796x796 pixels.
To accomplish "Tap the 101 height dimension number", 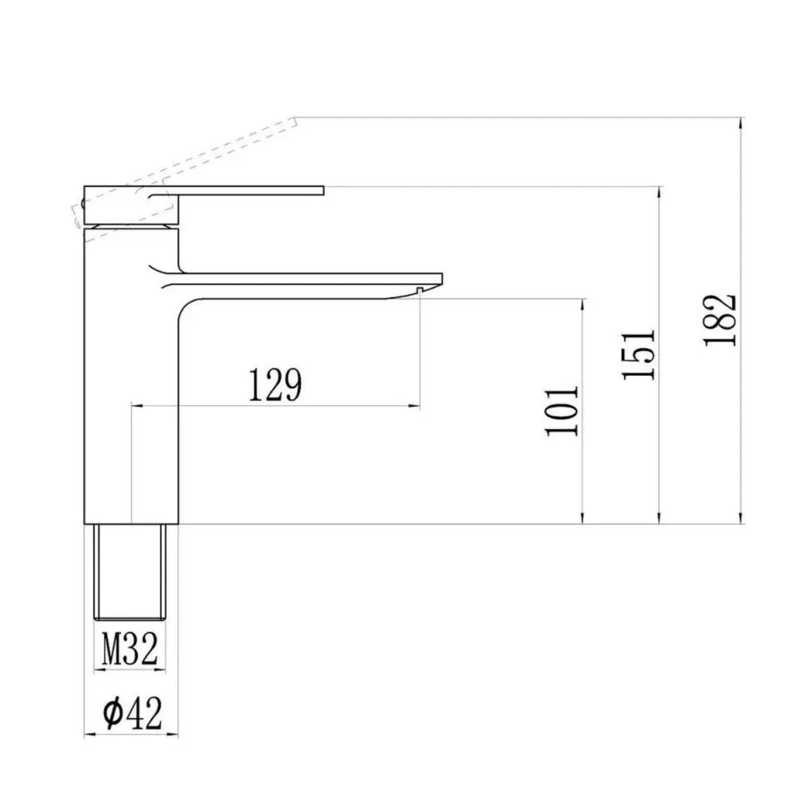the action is point(562,411).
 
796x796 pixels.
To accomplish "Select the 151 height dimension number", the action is point(638,354).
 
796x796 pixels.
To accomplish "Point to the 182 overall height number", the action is point(720,320).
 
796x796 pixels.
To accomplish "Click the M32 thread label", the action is point(130,649).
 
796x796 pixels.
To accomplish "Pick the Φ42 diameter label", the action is point(132,712).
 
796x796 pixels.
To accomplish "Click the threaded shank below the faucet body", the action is point(130,572).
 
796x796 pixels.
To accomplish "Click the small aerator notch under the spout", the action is point(419,291).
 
